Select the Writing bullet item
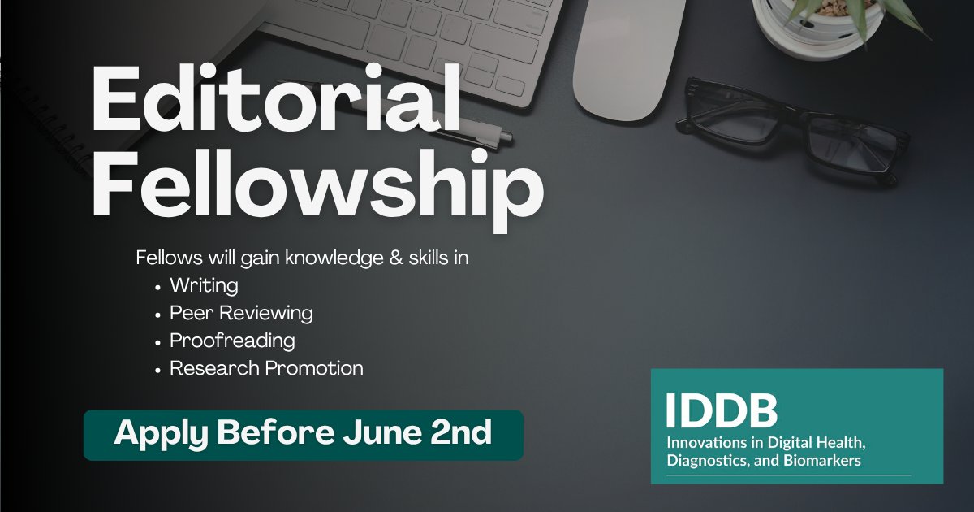204,285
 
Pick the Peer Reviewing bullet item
241,313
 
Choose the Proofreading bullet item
232,340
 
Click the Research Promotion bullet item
266,367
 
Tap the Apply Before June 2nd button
303,433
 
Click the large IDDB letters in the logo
722,412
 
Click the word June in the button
373,433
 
